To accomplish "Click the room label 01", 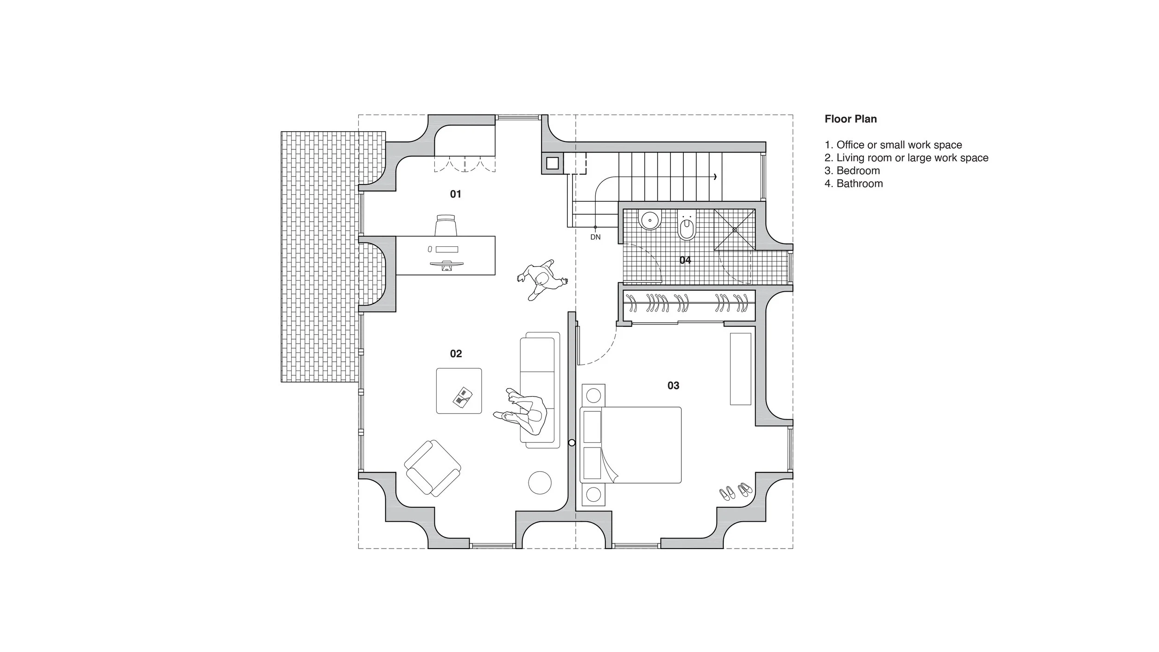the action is tap(455, 194).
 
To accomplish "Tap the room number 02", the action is tap(456, 354).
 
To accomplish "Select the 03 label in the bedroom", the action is tap(673, 385).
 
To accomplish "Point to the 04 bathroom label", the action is tap(685, 260).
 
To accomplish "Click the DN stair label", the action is tap(595, 237).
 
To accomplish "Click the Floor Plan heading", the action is tap(850, 119).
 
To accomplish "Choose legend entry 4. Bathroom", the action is tap(853, 184).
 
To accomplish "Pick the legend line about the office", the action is tap(893, 145).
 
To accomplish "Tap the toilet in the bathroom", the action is tap(687, 228).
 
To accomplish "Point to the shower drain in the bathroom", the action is tap(734, 230).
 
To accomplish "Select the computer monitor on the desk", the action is tap(121, 265).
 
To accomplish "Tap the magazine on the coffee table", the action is tap(462, 397).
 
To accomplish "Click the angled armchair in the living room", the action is tap(433, 468).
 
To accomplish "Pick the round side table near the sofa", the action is tap(540, 483).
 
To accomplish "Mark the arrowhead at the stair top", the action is tap(716, 177).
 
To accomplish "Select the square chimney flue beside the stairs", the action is tap(552, 163).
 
